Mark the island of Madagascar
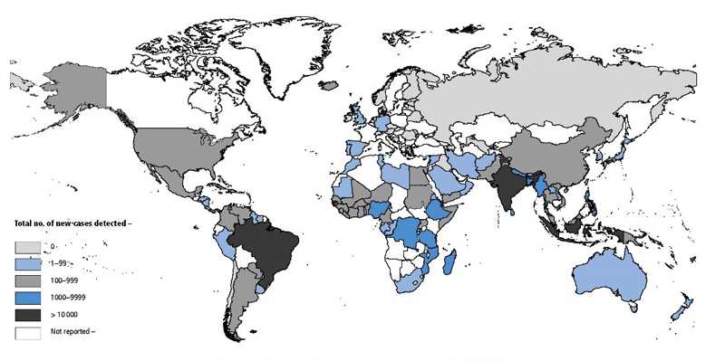click(450, 262)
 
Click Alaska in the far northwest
click(86, 95)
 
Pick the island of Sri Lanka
click(514, 214)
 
